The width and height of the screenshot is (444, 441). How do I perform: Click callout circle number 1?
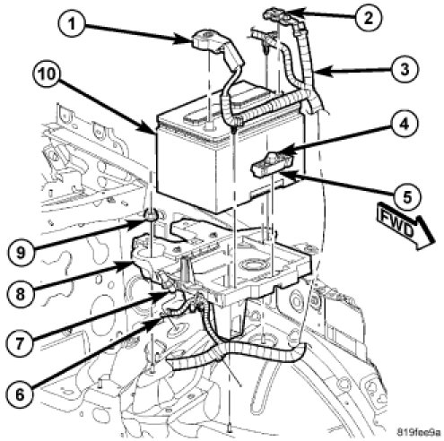(x=73, y=23)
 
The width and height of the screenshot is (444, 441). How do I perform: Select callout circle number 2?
(x=368, y=18)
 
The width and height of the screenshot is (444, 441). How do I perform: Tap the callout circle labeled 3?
(x=404, y=69)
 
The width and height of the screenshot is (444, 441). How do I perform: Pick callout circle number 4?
(x=404, y=124)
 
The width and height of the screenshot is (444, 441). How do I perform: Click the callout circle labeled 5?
(x=407, y=196)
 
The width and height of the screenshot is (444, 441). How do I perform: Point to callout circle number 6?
(x=20, y=394)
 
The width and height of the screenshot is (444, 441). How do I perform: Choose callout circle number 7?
(x=20, y=343)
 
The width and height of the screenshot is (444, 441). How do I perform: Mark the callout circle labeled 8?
(x=20, y=294)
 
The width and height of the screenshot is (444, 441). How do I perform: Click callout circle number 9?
(x=21, y=253)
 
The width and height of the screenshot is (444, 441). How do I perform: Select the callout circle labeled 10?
(x=47, y=73)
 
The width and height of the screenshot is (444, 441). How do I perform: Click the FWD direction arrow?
(x=405, y=227)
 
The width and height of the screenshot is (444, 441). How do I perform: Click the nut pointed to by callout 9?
(x=152, y=215)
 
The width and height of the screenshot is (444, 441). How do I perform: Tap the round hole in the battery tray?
(x=250, y=264)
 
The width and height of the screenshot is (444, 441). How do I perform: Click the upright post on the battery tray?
(x=186, y=269)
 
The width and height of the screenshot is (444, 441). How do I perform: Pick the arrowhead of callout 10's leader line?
(x=151, y=129)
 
